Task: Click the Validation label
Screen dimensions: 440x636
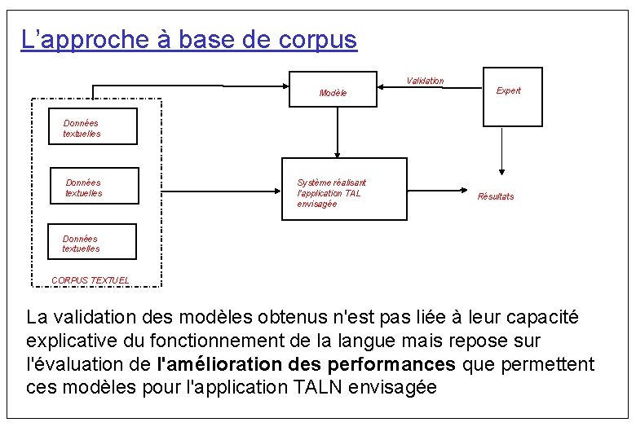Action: (x=425, y=81)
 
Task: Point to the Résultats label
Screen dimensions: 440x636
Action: (x=496, y=196)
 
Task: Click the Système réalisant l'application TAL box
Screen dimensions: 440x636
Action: (x=343, y=189)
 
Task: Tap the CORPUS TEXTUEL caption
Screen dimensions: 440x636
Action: (x=91, y=280)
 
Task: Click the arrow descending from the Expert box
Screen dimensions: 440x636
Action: (x=501, y=151)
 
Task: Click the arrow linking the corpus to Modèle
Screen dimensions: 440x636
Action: (x=192, y=84)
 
